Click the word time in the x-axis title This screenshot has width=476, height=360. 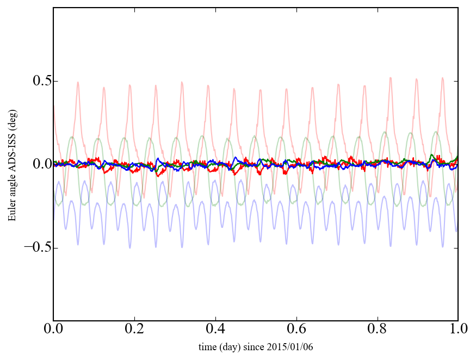209,347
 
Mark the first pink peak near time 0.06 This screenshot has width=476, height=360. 78,82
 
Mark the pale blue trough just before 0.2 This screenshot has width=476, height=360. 129,248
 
